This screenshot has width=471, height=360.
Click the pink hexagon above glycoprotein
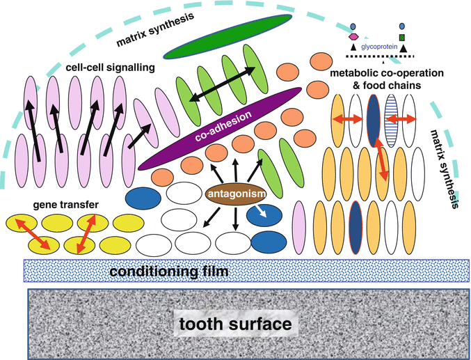pyautogui.click(x=353, y=36)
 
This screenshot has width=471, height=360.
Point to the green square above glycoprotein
pyautogui.click(x=403, y=36)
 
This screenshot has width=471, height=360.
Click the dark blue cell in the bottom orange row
pyautogui.click(x=356, y=222)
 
